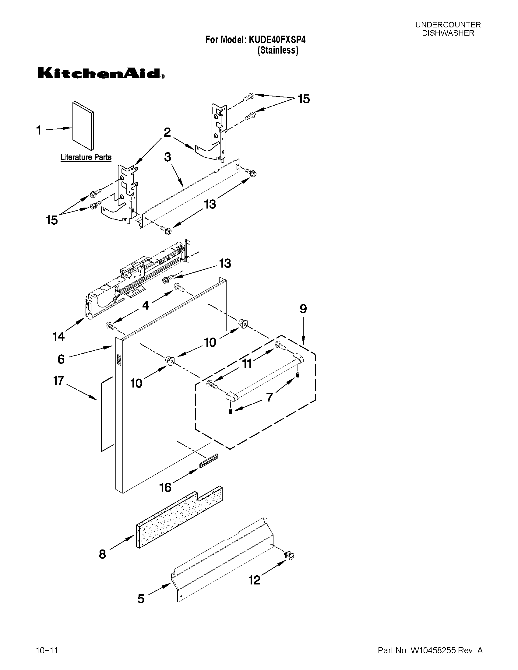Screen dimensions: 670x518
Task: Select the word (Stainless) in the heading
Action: (x=278, y=50)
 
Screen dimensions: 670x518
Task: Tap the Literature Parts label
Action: (x=86, y=157)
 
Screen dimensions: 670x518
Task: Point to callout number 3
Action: (x=167, y=157)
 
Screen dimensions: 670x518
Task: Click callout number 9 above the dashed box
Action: (x=303, y=309)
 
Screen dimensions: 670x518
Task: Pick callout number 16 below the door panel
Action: (x=165, y=487)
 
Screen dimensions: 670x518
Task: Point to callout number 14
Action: (x=58, y=337)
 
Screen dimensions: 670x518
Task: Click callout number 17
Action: (x=58, y=381)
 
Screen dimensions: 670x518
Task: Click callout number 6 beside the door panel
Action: (x=61, y=359)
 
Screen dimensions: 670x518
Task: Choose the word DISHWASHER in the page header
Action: (x=448, y=33)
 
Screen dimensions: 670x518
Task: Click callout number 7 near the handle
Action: (x=269, y=397)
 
